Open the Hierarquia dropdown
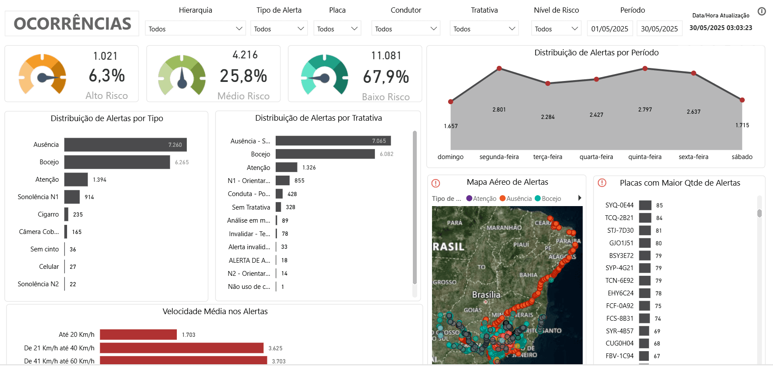click(195, 29)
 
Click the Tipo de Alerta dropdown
click(279, 29)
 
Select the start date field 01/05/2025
click(610, 29)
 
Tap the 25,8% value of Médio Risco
click(243, 76)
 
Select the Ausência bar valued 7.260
click(125, 145)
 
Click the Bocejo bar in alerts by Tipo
click(117, 162)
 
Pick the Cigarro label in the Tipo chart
click(48, 214)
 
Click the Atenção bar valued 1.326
click(286, 167)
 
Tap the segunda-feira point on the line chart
click(499, 68)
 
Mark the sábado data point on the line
click(742, 100)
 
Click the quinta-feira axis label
click(645, 157)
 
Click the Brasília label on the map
click(486, 295)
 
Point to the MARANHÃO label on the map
click(504, 227)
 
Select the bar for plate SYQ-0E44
click(645, 205)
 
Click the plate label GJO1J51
click(621, 243)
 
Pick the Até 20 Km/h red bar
click(138, 335)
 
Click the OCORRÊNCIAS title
click(72, 24)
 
